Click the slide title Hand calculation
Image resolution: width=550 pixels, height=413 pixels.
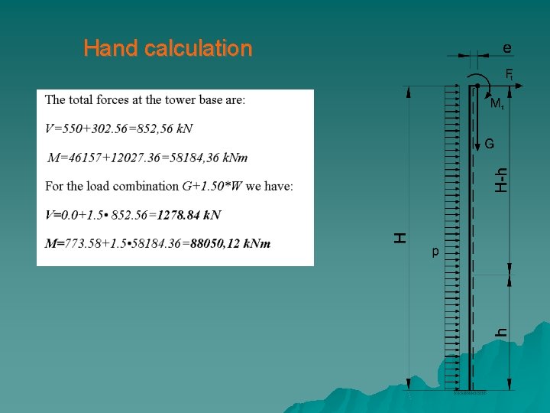167,48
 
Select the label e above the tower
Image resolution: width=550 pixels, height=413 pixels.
507,47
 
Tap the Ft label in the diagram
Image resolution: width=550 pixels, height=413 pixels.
509,74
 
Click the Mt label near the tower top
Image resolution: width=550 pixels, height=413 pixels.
497,102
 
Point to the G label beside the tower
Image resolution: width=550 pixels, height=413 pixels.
489,143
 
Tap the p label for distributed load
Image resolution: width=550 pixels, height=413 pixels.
435,250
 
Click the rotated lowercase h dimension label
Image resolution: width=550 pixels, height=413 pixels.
501,332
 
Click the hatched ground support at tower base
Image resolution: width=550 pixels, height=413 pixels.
470,393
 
